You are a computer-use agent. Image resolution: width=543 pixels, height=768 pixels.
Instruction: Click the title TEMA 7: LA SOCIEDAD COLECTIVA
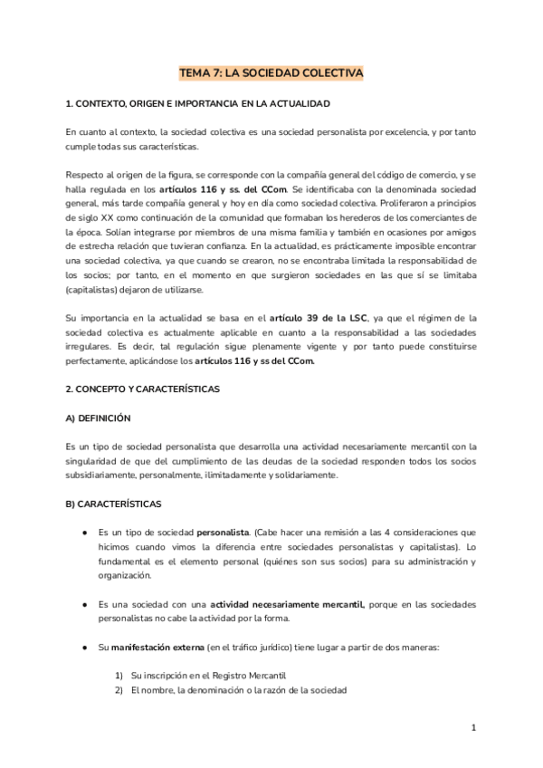pos(271,72)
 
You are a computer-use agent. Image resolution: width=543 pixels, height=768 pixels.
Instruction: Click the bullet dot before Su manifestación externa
pos(83,648)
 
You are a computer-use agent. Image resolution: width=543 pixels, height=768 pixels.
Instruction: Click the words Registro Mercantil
pos(247,676)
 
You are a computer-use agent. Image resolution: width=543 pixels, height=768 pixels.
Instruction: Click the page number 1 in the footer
pos(473,727)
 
